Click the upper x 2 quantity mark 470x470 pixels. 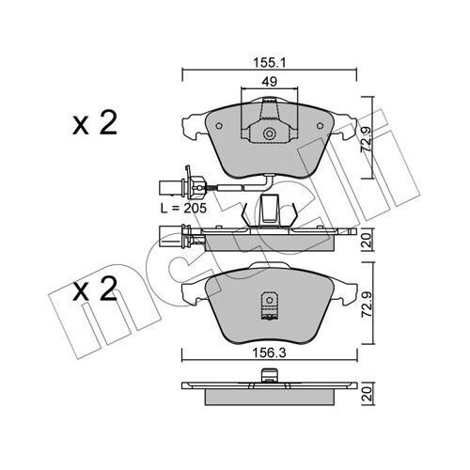point(94,125)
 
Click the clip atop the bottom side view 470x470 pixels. point(268,380)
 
